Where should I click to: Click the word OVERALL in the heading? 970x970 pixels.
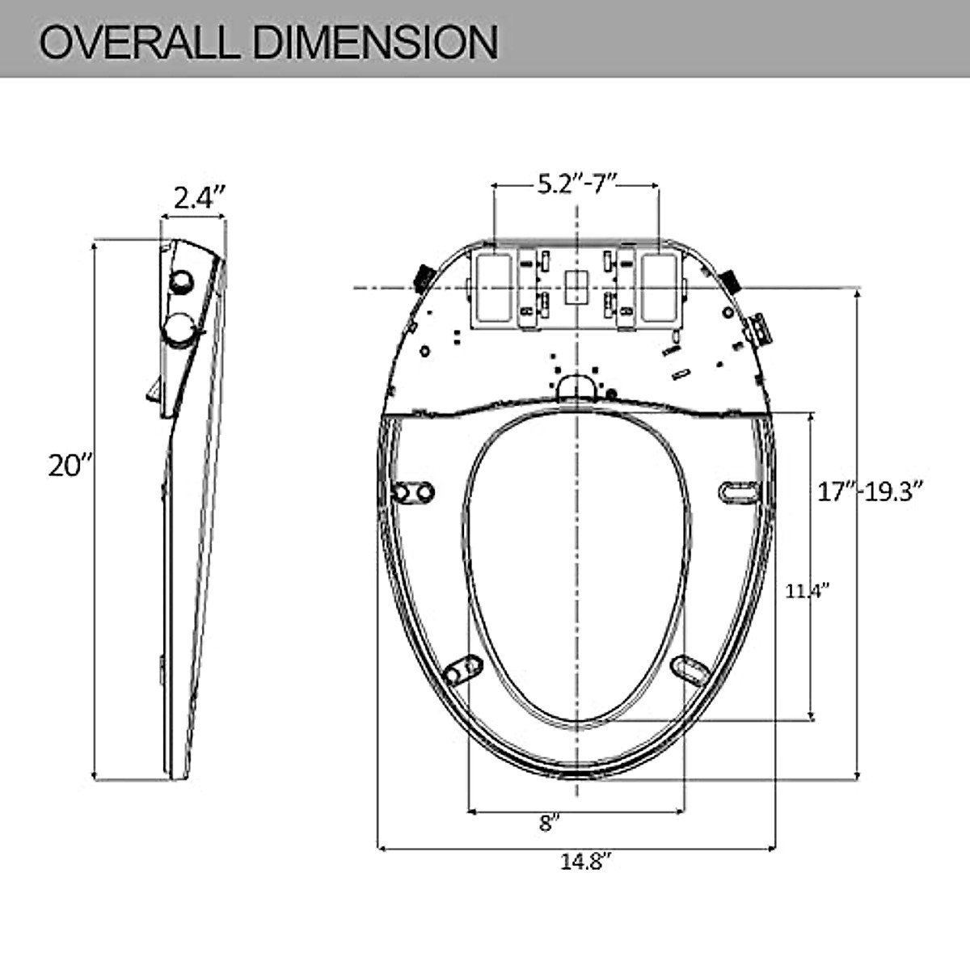[x=137, y=41]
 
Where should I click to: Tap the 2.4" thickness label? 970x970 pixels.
[x=198, y=197]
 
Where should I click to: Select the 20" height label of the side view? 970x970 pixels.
[x=71, y=466]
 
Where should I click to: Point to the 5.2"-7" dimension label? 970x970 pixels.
[x=577, y=184]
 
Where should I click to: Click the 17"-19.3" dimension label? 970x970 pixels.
[x=870, y=491]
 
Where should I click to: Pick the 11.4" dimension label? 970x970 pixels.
[x=808, y=591]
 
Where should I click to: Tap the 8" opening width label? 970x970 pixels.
[x=550, y=823]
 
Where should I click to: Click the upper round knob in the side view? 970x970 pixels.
[x=181, y=280]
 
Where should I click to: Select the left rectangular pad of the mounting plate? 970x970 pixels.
[x=492, y=286]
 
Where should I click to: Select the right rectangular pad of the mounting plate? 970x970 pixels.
[x=662, y=286]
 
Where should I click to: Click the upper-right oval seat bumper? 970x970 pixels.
[x=739, y=490]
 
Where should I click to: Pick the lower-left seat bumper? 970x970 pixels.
[x=463, y=669]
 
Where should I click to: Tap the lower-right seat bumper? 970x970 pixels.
[x=690, y=668]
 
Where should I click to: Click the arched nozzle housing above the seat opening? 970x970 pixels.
[x=576, y=385]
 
